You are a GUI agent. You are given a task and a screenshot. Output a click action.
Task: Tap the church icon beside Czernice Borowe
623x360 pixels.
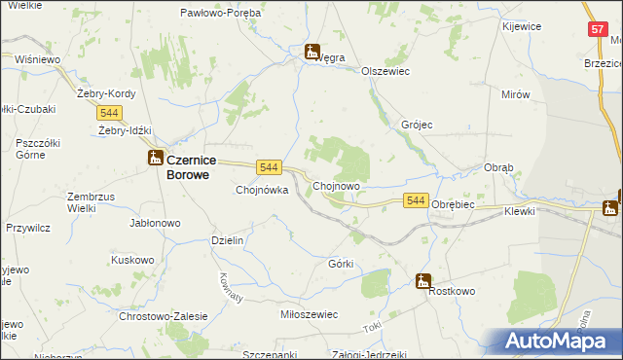click(x=155, y=158)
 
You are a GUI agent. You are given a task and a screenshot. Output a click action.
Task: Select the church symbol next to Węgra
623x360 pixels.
click(x=312, y=52)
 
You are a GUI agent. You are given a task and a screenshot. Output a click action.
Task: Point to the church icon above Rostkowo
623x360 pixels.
click(x=423, y=281)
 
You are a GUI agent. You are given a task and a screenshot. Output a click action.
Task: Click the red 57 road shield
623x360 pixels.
click(x=597, y=30)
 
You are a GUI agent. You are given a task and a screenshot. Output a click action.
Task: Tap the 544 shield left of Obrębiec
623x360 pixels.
click(x=416, y=199)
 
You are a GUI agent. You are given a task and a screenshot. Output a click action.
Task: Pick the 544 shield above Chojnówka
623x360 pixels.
click(x=270, y=167)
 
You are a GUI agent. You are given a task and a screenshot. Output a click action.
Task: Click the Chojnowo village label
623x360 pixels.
click(x=337, y=186)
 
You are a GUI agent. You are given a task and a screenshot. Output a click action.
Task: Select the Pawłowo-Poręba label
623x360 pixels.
click(x=220, y=13)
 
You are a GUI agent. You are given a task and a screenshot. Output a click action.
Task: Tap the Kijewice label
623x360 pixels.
click(x=522, y=26)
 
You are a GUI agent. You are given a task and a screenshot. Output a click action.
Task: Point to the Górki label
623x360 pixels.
click(x=341, y=264)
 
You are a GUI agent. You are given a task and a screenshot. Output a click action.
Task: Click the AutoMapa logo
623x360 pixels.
click(x=556, y=341)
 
